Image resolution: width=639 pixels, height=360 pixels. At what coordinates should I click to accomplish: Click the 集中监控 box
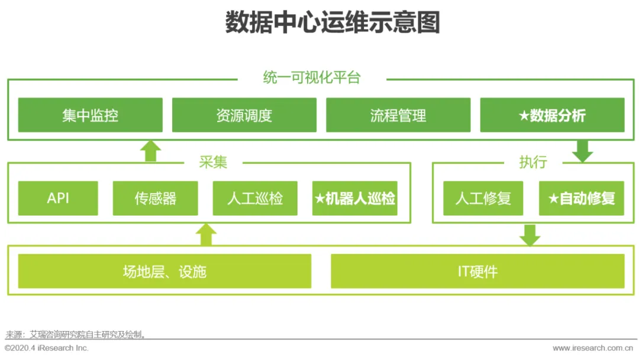(x=90, y=115)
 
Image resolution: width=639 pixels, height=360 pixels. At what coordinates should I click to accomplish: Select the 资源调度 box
(x=244, y=115)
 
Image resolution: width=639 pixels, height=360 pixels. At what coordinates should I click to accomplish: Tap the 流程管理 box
(x=398, y=115)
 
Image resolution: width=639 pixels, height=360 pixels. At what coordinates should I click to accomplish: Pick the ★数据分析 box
(x=552, y=115)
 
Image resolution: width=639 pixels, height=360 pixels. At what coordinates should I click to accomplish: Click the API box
(x=58, y=198)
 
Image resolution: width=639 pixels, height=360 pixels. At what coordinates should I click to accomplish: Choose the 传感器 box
(x=156, y=198)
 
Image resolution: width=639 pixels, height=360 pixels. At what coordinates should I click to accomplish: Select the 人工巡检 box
(x=255, y=198)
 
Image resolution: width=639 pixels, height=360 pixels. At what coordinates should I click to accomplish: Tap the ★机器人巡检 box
(x=355, y=198)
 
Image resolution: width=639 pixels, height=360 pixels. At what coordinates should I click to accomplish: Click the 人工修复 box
(x=483, y=198)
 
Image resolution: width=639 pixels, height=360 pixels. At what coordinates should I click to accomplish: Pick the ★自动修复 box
(x=582, y=198)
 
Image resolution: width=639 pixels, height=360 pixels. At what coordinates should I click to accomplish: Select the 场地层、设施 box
(x=164, y=271)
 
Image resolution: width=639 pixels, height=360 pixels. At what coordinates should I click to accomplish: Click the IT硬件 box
(x=477, y=271)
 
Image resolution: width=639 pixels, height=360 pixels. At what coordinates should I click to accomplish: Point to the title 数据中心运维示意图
(x=333, y=23)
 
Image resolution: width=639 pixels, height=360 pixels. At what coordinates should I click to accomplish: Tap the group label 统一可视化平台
(x=312, y=78)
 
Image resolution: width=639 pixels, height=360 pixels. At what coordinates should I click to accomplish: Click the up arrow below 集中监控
(x=151, y=150)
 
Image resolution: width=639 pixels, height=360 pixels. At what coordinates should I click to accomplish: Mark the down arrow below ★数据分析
(x=582, y=152)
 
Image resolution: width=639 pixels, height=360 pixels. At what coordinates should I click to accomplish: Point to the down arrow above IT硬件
(x=530, y=235)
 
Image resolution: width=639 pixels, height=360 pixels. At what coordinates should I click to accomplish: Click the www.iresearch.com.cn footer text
(x=595, y=348)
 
